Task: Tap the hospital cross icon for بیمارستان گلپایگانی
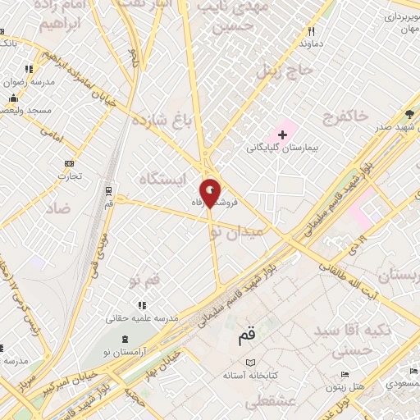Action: (283, 133)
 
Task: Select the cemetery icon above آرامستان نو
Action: (125, 340)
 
